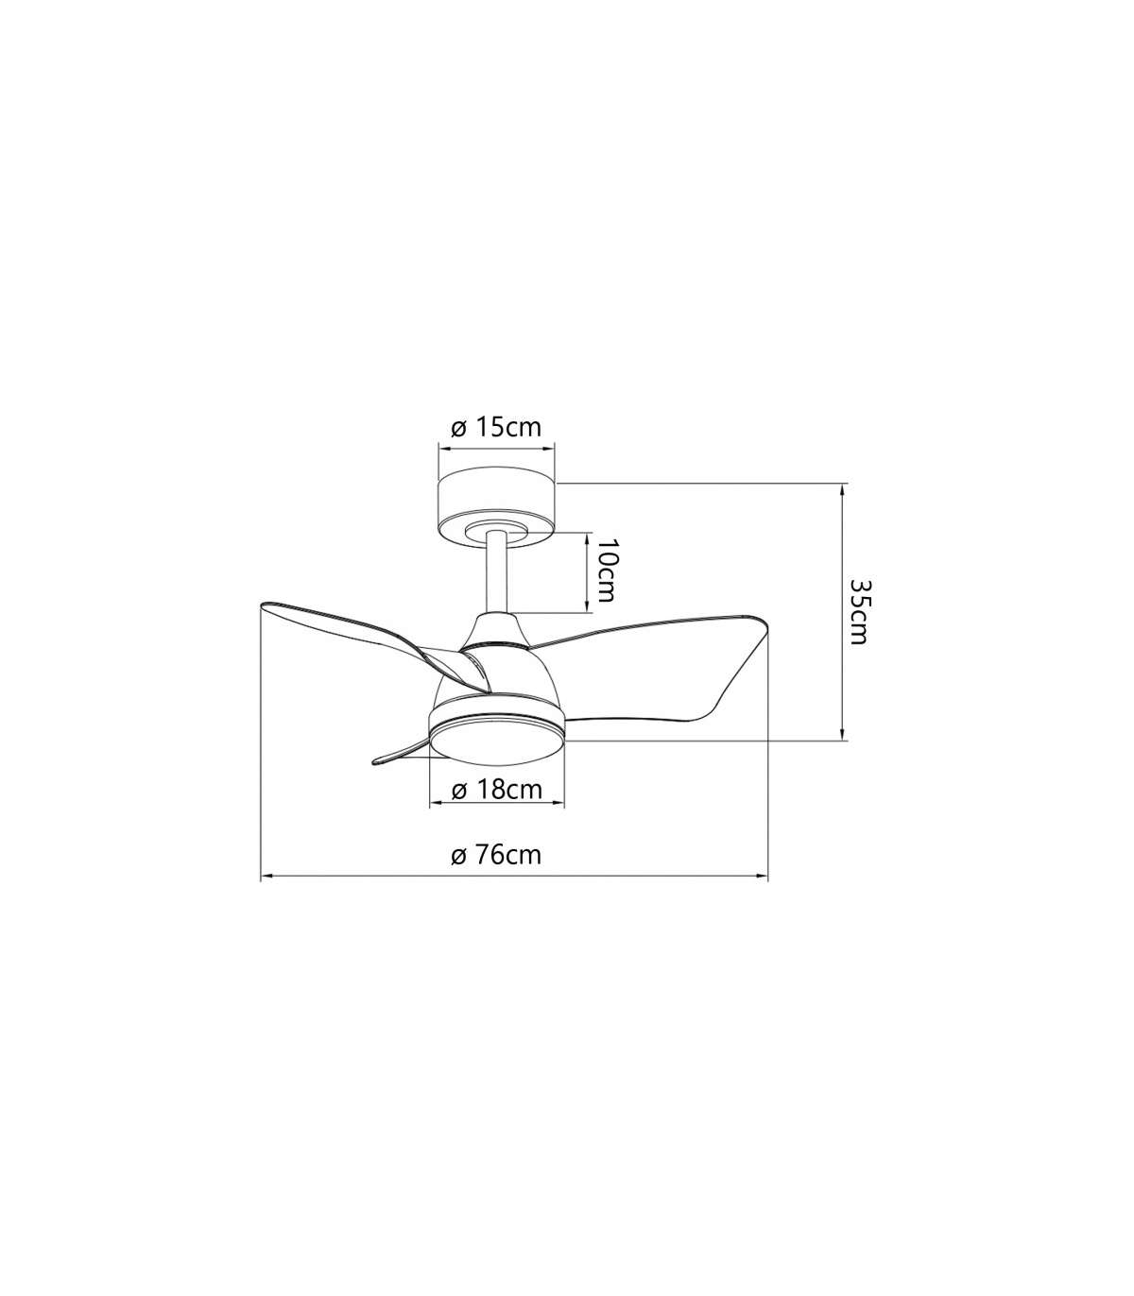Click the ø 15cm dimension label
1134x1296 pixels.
(x=496, y=428)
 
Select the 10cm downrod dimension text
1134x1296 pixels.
(x=607, y=571)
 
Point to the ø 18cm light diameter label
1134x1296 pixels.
(x=497, y=790)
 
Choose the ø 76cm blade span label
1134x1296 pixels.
(x=496, y=855)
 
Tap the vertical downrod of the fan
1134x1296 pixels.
(x=497, y=574)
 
